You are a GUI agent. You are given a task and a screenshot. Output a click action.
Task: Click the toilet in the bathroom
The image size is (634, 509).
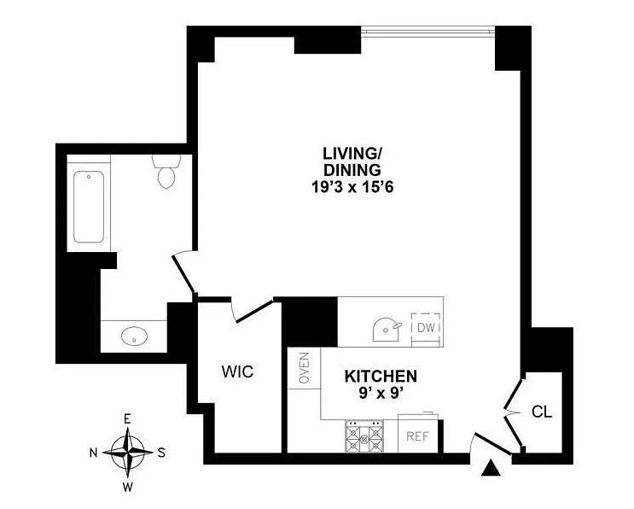[x=165, y=171]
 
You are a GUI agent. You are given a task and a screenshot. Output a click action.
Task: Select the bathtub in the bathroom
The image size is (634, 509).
[x=89, y=208]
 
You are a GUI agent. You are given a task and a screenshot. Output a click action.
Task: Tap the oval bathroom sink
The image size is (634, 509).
[x=136, y=336]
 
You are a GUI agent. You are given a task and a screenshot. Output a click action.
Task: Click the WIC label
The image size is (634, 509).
[x=238, y=372]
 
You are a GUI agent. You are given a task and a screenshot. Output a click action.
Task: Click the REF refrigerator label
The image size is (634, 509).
[x=416, y=436]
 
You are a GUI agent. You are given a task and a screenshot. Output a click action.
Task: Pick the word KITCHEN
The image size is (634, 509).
[x=381, y=376]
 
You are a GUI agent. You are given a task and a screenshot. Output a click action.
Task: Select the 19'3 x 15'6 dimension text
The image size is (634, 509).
[x=351, y=185]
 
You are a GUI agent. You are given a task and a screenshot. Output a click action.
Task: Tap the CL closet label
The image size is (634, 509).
[x=542, y=412]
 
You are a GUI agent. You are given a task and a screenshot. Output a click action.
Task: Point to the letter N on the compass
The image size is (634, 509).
[x=95, y=451]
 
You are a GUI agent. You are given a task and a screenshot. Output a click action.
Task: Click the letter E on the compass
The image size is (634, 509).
[x=127, y=419]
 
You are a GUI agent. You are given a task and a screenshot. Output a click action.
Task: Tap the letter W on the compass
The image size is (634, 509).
[x=127, y=487]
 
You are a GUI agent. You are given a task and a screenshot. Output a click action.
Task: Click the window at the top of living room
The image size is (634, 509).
[x=428, y=31]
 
